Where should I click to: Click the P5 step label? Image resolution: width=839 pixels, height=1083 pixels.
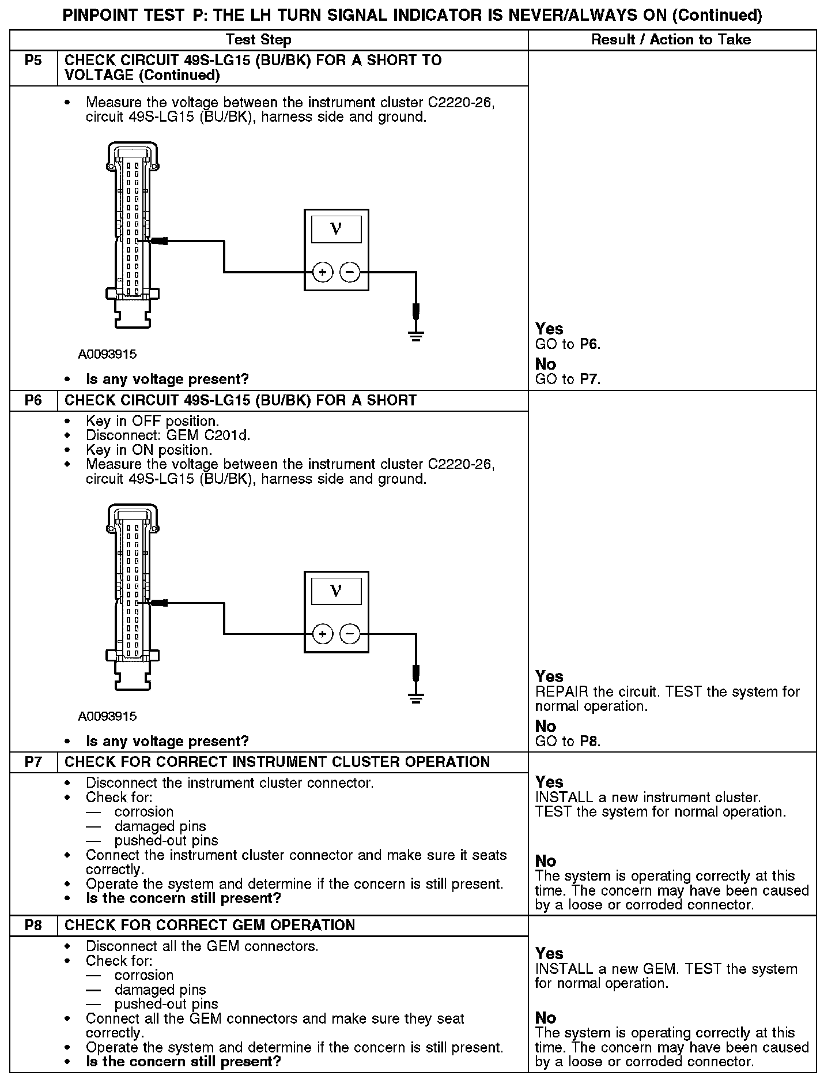(33, 61)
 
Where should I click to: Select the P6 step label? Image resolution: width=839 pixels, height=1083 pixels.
(33, 400)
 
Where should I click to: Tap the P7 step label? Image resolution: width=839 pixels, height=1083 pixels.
(33, 762)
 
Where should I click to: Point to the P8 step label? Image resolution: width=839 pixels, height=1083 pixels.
(33, 925)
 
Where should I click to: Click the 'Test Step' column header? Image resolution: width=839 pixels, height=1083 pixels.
(259, 40)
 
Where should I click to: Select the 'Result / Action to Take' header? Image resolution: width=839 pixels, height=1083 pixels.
(671, 40)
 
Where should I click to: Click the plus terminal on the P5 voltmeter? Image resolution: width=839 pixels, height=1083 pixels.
(323, 272)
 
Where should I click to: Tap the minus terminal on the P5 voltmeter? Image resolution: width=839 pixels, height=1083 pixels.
(350, 272)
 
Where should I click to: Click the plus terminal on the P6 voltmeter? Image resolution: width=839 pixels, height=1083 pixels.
(323, 634)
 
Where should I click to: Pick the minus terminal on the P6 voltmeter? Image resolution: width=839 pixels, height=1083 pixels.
(350, 634)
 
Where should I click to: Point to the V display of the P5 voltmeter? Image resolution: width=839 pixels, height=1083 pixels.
(337, 229)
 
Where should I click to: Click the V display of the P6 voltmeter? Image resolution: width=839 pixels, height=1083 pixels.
(337, 591)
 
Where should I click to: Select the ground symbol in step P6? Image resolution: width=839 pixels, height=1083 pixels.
(416, 698)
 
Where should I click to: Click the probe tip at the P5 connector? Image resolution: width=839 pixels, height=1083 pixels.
(157, 240)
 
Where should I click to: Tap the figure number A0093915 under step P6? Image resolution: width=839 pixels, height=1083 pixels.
(108, 716)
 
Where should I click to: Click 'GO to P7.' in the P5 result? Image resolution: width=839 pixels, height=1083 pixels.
(568, 379)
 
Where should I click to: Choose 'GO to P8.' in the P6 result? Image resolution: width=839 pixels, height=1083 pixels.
(568, 741)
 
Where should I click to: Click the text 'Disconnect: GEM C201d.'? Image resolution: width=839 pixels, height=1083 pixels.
(168, 435)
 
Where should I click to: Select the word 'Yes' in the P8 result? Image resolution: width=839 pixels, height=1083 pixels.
(549, 953)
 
